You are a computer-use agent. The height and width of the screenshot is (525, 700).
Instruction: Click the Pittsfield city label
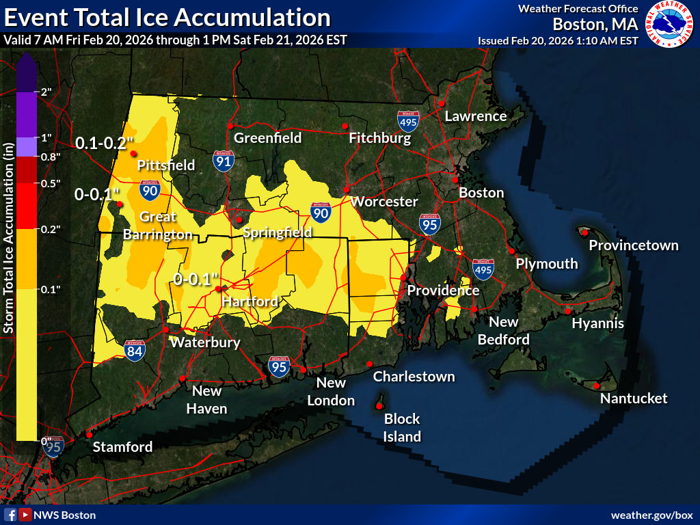166,165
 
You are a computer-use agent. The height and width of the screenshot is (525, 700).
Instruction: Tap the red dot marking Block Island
379,406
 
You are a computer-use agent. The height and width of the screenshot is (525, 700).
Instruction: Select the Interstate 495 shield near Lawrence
408,121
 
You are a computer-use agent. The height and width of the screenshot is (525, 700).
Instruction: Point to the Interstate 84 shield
135,350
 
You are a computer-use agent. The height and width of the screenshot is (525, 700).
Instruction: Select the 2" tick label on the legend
47,92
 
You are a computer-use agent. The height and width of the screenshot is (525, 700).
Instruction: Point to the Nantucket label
633,398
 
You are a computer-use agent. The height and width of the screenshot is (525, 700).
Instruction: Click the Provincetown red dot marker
585,232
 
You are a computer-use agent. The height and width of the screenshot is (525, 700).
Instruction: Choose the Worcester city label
383,202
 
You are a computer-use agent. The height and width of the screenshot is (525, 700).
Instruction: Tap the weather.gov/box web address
651,515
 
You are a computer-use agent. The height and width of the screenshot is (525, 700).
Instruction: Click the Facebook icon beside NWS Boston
11,515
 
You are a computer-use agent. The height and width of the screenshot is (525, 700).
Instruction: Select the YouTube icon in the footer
25,515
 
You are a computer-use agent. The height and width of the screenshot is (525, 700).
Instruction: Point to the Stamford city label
122,447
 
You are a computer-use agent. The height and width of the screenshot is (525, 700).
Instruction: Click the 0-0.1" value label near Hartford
196,279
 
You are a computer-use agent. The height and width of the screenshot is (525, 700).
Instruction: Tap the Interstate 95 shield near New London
279,366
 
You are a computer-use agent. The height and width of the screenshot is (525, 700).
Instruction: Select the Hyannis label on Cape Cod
597,323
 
